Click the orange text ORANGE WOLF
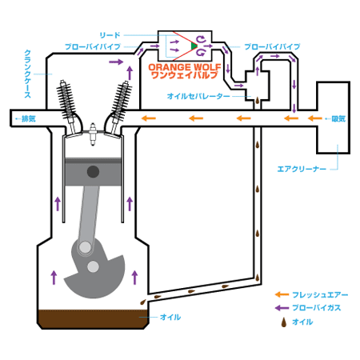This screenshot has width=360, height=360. tap(185, 66)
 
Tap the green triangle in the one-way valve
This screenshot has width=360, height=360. tap(194, 46)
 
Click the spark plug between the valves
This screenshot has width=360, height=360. tap(93, 134)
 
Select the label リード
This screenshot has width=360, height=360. tap(110, 35)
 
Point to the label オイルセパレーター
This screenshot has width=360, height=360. tap(198, 96)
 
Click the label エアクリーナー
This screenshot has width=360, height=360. tap(302, 169)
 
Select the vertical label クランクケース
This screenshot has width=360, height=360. tap(28, 74)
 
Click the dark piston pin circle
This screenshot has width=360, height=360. tap(93, 172)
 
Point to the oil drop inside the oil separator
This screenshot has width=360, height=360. tap(258, 101)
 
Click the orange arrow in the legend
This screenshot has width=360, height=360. tap(282, 294)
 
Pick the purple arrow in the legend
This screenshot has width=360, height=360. tap(282, 308)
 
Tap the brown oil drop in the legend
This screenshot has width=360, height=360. tap(284, 322)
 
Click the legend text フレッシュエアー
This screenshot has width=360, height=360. tap(320, 294)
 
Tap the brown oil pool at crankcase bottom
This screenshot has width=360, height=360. tap(93, 319)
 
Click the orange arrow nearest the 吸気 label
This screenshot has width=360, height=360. tap(315, 118)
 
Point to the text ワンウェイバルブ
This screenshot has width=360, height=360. tap(185, 75)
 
